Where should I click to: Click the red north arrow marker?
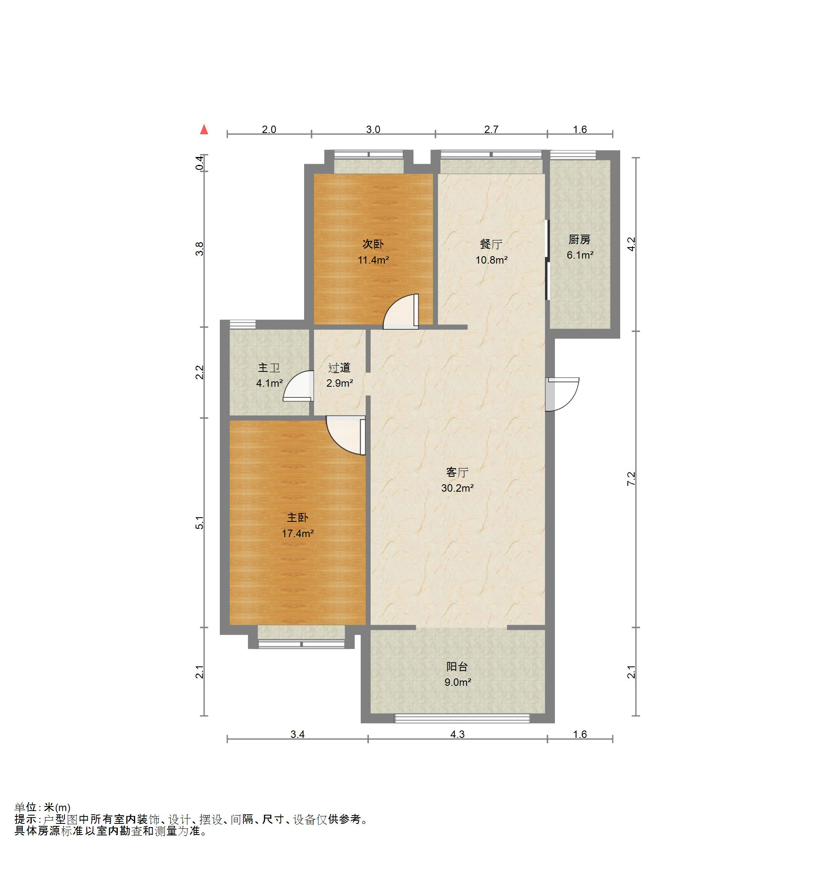coord(204,129)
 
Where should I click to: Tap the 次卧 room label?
coord(373,244)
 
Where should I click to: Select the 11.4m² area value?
coord(373,260)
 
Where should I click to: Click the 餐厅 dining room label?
coord(491,244)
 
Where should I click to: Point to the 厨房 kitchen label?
coord(579,240)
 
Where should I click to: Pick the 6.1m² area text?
coord(580,255)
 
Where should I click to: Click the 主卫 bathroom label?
coord(269,367)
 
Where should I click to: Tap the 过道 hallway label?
coord(339,367)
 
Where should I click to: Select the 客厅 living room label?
coord(457,472)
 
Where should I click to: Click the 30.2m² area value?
coord(457,488)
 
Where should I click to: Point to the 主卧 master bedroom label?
coord(297,518)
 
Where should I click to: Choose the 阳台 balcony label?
coord(457,667)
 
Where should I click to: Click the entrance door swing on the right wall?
coord(562,394)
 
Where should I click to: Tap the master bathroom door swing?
coord(297,386)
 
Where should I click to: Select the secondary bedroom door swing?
coord(401,312)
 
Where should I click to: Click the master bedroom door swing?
coord(345,435)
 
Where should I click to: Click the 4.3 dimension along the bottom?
coord(457,735)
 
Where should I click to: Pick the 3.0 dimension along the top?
coord(373,130)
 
